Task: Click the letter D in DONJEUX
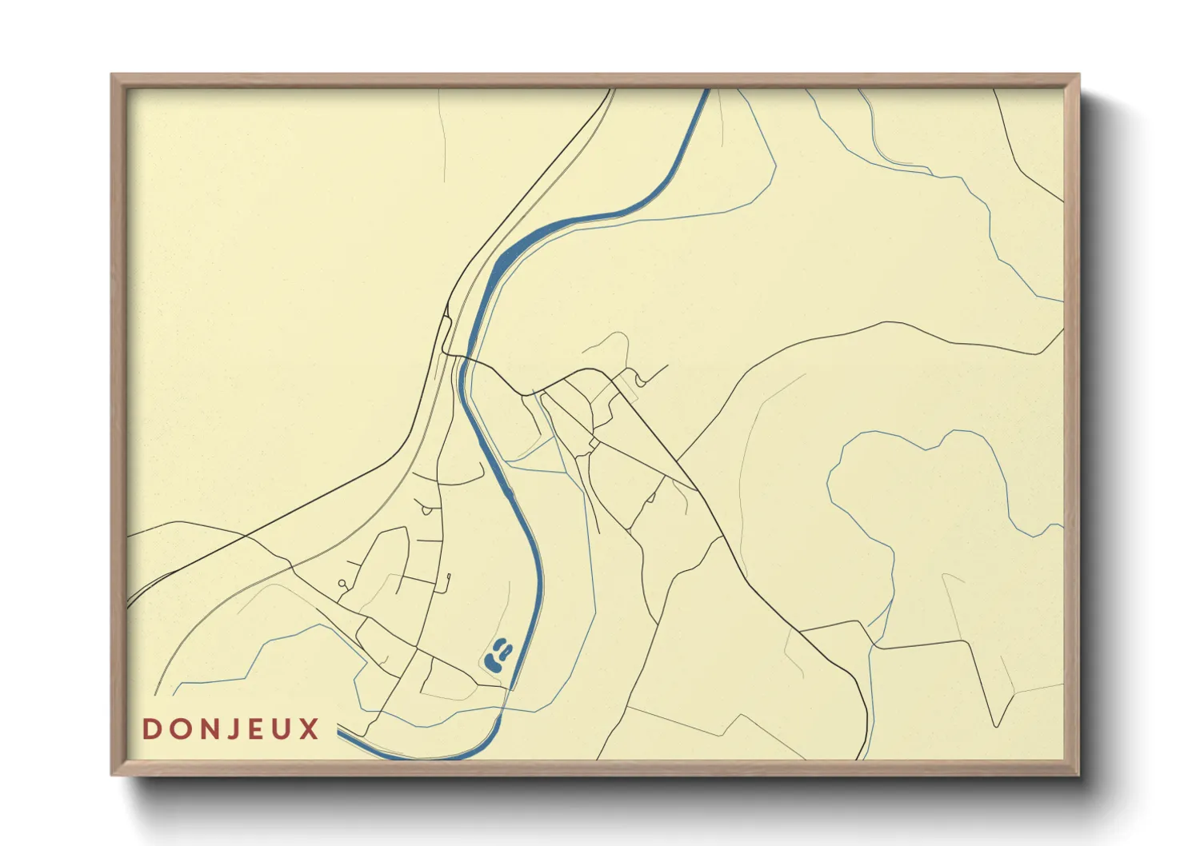[x=150, y=729]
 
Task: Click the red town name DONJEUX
[x=230, y=729]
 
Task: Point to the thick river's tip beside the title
[x=340, y=728]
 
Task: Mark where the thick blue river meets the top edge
[x=706, y=90]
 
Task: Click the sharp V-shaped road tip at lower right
[x=995, y=726]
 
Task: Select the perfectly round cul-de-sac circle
[x=342, y=584]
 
